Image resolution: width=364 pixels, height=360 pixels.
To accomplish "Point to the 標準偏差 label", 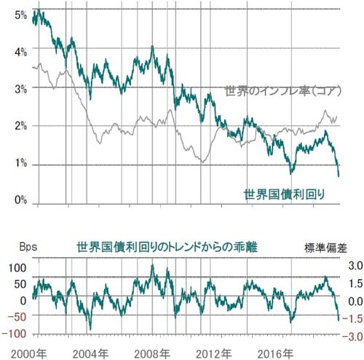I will tap(325, 248).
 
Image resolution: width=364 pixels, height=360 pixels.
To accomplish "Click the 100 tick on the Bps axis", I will tap(17, 268).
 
